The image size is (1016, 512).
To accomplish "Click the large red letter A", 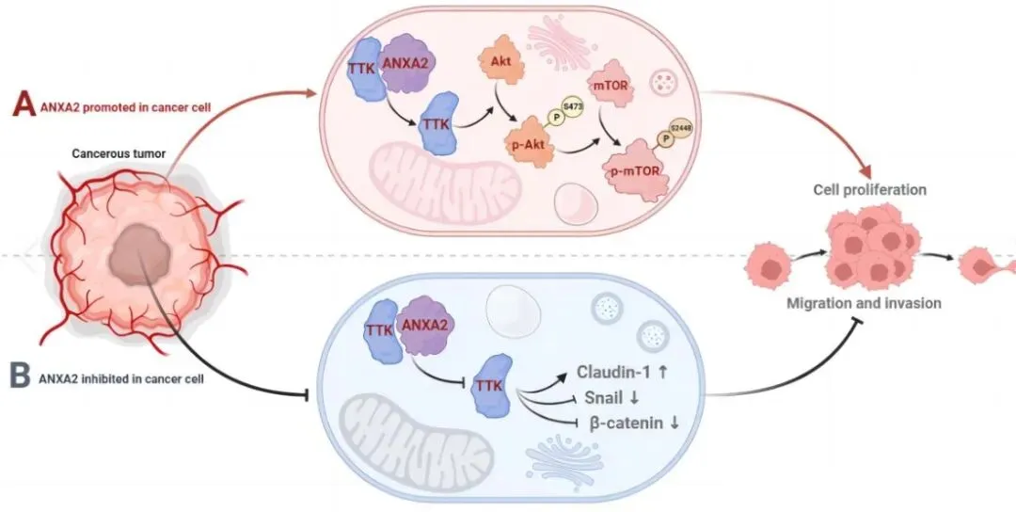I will coord(19,103).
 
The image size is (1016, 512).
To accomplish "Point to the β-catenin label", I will coord(632,423).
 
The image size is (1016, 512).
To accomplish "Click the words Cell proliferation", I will coord(869,189).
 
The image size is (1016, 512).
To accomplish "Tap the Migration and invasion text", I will coord(864,304).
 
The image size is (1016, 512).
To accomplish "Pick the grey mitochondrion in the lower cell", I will coord(405,427).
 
